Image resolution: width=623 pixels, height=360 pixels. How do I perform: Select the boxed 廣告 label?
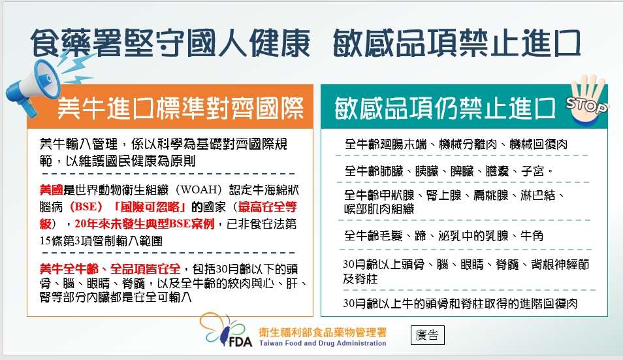(x=428, y=335)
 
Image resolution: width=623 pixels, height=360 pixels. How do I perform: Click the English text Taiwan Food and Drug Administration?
(x=323, y=344)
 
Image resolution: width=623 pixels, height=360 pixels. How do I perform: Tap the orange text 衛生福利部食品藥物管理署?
(x=323, y=331)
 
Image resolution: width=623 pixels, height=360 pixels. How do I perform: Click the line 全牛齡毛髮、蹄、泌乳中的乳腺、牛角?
(x=443, y=235)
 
